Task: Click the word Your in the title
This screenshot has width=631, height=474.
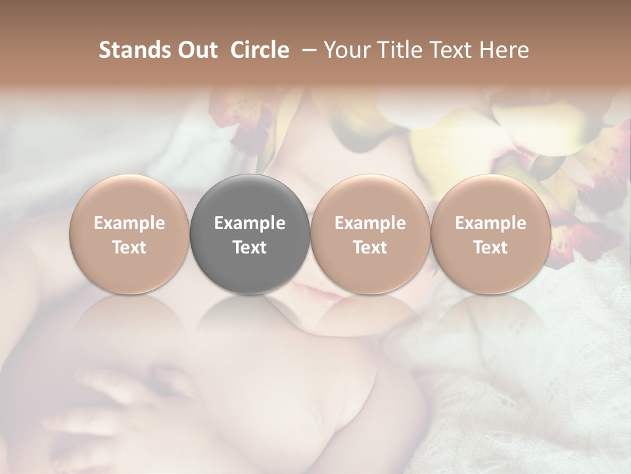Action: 348,50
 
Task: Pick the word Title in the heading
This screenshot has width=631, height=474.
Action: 401,50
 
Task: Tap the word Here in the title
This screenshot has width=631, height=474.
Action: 505,50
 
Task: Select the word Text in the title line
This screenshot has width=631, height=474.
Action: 453,50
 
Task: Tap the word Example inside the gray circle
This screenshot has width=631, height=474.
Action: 250,223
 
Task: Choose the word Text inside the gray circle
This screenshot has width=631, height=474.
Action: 250,248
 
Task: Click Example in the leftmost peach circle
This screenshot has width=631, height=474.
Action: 129,223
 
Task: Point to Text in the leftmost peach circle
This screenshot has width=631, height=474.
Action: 129,248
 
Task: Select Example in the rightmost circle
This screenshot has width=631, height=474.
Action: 490,223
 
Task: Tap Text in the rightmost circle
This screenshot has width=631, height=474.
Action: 490,248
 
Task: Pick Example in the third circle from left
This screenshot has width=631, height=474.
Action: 370,223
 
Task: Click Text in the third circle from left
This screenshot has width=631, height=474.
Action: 370,248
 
